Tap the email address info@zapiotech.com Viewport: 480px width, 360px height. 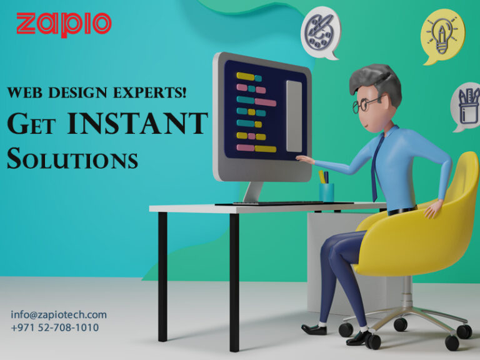[x=59, y=314]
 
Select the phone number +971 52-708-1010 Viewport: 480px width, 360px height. [x=54, y=327]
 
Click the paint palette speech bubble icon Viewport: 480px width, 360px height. [x=321, y=31]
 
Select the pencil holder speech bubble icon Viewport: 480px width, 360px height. [x=467, y=105]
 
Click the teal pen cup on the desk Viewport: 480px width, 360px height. [x=326, y=191]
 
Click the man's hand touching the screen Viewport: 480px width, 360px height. [x=304, y=159]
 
